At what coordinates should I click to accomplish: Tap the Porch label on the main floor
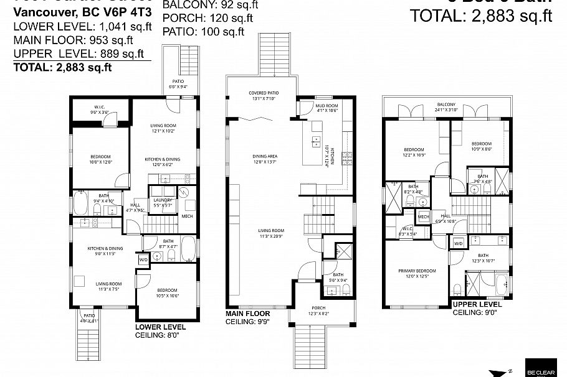[x=318, y=310]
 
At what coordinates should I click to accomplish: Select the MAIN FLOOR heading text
[x=247, y=314]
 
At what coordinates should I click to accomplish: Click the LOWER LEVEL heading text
[x=160, y=326]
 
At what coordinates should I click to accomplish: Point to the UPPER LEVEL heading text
[x=477, y=304]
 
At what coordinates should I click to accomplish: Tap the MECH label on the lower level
[x=187, y=216]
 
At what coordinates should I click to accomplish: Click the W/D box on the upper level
[x=458, y=243]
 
